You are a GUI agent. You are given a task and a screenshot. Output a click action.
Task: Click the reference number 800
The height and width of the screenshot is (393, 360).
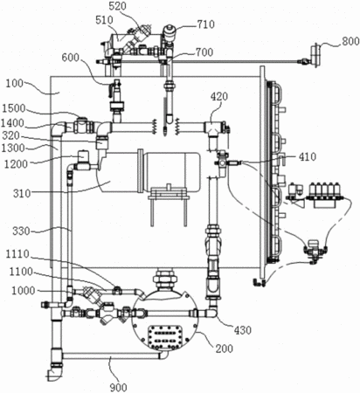(x=350, y=41)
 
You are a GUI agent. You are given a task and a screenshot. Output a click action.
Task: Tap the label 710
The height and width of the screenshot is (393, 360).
(x=206, y=24)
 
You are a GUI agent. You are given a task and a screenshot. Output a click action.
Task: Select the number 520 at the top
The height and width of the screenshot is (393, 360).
(x=117, y=6)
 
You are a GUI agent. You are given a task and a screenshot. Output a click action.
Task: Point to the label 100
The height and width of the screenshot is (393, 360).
(x=14, y=84)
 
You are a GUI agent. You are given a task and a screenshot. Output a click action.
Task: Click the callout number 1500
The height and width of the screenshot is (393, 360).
(x=14, y=108)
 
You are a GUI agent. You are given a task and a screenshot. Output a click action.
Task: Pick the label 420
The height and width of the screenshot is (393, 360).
(x=219, y=96)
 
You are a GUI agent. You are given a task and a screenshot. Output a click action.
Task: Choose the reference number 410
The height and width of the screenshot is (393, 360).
(x=308, y=157)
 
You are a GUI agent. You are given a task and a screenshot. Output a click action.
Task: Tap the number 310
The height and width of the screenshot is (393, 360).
(x=22, y=193)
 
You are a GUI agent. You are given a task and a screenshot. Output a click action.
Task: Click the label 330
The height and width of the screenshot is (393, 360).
(x=21, y=231)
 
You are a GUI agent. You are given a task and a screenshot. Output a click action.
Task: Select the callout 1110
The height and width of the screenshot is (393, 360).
(x=17, y=254)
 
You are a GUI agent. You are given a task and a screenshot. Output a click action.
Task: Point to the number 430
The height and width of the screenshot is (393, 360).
(x=243, y=330)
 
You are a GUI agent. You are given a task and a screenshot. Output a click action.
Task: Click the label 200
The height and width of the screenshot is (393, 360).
(x=225, y=348)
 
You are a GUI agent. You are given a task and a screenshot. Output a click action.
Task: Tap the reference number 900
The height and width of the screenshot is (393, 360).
(x=119, y=388)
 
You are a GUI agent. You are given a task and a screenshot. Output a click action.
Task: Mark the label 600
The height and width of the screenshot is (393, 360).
(x=70, y=58)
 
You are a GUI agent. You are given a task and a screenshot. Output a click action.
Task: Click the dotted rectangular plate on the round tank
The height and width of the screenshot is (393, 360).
(x=165, y=337)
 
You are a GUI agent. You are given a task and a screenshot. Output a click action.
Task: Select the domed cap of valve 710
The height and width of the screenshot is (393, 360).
(x=169, y=30)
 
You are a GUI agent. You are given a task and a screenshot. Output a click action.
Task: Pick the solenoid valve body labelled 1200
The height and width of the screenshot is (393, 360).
(x=84, y=159)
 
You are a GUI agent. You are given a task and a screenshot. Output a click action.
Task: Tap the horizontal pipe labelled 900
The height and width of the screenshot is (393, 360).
(x=111, y=355)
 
